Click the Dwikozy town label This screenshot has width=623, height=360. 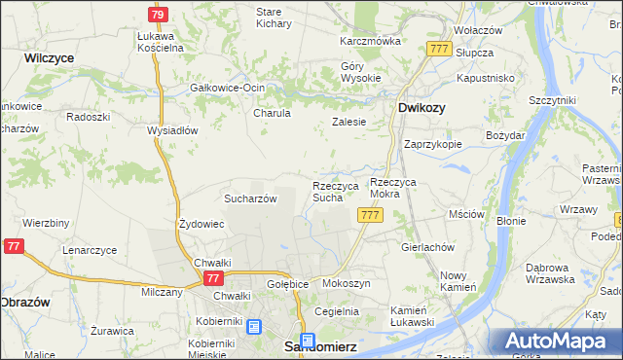point(421,109)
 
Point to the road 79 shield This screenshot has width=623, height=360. point(158,15)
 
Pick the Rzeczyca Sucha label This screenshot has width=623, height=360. point(336,192)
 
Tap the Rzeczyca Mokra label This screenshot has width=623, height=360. point(399,188)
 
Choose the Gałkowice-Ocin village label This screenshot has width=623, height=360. point(228,88)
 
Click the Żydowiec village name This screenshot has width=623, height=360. point(202,224)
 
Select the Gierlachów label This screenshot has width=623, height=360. point(427,247)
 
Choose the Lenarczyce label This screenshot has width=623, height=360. point(90,250)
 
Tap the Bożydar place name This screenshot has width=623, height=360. point(505,135)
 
